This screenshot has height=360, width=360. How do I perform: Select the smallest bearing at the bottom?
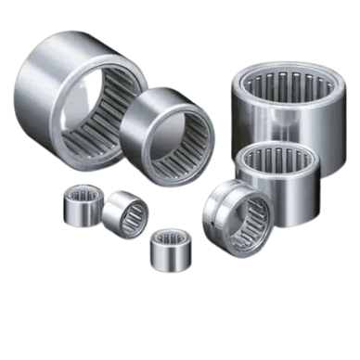pos(165,246)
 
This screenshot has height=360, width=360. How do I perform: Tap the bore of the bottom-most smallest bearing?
pos(169,238)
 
